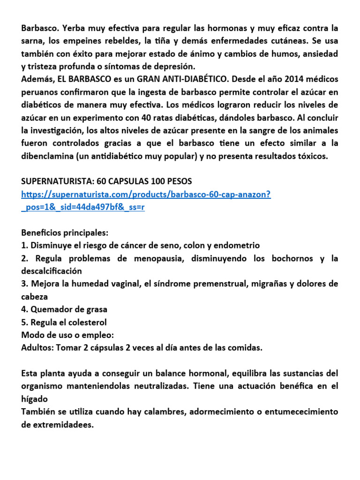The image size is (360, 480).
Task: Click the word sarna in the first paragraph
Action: pyautogui.click(x=32, y=41)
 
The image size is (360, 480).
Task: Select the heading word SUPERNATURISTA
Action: pyautogui.click(x=57, y=180)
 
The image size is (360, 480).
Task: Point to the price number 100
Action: pyautogui.click(x=155, y=180)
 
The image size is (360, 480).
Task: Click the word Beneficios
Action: pyautogui.click(x=41, y=233)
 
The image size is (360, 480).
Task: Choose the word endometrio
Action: pyautogui.click(x=236, y=245)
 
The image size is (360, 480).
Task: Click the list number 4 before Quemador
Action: pyautogui.click(x=24, y=309)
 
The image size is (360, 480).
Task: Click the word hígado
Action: pyautogui.click(x=35, y=399)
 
